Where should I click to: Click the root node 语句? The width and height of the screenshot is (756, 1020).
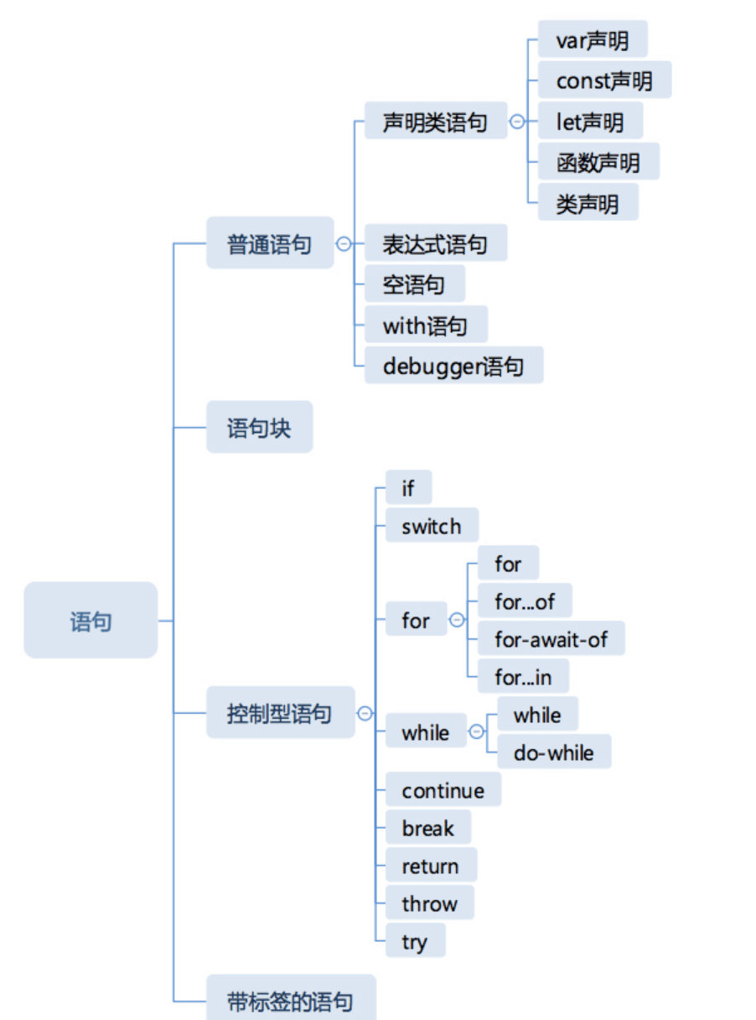tap(91, 621)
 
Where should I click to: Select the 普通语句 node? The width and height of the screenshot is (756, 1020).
tap(269, 243)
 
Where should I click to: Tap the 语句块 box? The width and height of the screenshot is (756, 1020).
tap(259, 428)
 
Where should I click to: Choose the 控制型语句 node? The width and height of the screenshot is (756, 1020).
tap(280, 714)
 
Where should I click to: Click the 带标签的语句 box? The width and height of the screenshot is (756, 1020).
tap(290, 1000)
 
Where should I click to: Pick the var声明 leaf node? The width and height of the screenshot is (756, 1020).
tap(592, 39)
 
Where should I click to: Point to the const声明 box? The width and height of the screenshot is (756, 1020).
tap(603, 81)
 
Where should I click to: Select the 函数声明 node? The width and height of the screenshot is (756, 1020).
tap(598, 162)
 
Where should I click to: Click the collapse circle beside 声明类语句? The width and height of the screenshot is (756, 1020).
tap(517, 122)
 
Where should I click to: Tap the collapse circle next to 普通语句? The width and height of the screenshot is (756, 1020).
tap(343, 244)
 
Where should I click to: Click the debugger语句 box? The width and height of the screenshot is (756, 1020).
tap(453, 366)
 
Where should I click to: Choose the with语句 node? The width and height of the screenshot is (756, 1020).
tap(425, 325)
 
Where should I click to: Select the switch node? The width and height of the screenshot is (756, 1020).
tap(432, 526)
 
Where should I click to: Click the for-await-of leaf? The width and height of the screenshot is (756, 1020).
tap(551, 639)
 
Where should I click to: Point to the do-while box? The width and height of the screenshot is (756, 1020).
tap(553, 752)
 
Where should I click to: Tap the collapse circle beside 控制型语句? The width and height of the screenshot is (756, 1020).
tap(365, 714)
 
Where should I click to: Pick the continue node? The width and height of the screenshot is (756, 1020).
tap(443, 790)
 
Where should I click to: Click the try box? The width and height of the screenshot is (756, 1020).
tap(415, 941)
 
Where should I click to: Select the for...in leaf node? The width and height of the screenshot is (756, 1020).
tap(523, 676)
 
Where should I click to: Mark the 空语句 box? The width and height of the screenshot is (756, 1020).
tap(414, 284)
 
